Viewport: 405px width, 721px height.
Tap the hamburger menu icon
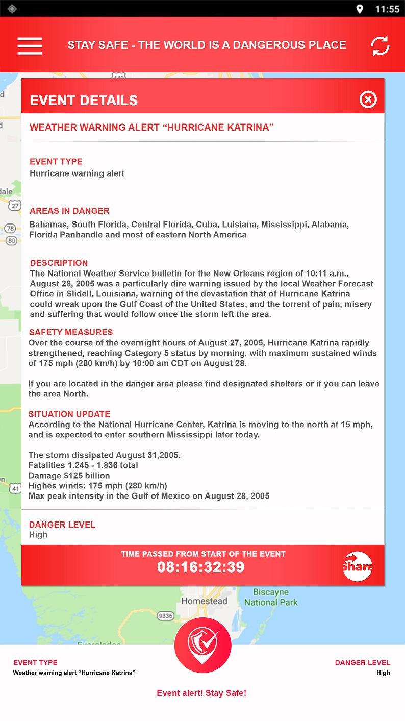point(30,45)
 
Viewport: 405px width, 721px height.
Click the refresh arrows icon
point(380,45)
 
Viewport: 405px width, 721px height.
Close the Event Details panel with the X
point(368,100)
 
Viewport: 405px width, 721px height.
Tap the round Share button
point(358,566)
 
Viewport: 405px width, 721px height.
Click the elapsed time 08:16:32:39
point(200,567)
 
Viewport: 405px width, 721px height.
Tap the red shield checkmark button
point(202,645)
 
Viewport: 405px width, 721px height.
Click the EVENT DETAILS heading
point(84,101)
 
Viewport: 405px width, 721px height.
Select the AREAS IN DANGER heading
point(69,211)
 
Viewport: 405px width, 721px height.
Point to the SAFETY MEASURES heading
point(71,332)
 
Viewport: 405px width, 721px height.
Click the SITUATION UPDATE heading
point(69,414)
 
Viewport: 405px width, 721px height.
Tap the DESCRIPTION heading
point(59,263)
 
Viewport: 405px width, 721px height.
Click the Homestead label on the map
point(204,601)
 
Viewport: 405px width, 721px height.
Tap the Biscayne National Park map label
point(271,597)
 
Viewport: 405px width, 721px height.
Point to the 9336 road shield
point(165,616)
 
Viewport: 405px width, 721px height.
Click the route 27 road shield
point(15,205)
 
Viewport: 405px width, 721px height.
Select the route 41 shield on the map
point(15,488)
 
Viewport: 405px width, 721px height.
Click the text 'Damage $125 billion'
point(69,475)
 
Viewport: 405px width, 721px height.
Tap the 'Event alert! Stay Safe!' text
point(201,693)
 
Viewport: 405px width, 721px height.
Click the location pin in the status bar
point(360,9)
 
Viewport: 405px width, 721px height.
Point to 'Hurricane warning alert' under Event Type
point(77,173)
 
